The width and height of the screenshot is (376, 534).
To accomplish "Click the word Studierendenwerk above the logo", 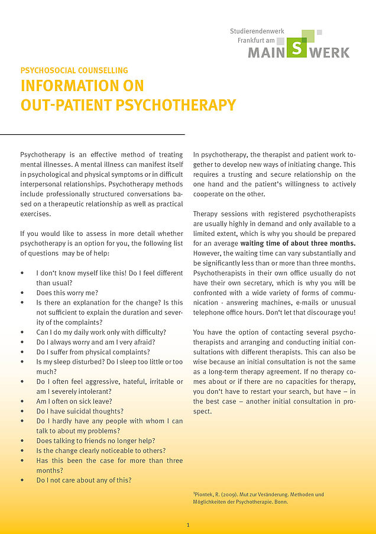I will tap(257, 30).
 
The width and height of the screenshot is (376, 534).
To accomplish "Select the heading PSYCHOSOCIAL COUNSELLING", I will tap(74, 70).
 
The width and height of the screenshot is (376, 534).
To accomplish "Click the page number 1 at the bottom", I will tap(188, 525).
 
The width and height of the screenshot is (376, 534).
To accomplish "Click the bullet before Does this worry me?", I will tap(22, 293).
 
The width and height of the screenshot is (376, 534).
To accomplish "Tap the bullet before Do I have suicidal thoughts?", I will tap(22, 411).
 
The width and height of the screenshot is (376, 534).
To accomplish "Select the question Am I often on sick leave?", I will tap(74, 401).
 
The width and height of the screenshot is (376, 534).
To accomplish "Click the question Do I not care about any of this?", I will tap(84, 480).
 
